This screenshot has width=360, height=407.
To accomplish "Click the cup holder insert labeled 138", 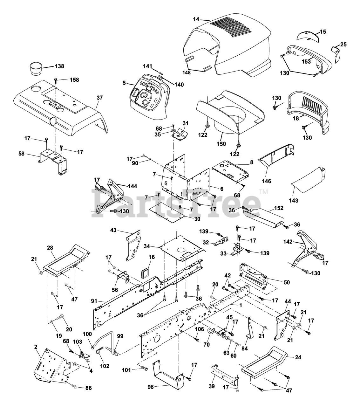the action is (36, 69).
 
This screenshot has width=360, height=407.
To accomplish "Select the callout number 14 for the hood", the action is (196, 19).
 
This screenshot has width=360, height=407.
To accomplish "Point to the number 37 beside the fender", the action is (99, 98).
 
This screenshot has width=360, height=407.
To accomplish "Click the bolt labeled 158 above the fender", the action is (56, 82).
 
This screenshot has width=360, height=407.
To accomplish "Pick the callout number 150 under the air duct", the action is (221, 144).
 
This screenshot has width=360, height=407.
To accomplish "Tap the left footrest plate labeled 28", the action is (66, 260).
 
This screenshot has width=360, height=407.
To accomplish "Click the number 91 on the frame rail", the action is (94, 301).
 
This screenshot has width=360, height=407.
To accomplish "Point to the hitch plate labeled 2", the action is (52, 366).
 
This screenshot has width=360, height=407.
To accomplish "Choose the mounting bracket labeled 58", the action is (53, 162).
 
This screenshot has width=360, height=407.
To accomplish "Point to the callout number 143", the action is (294, 200).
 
